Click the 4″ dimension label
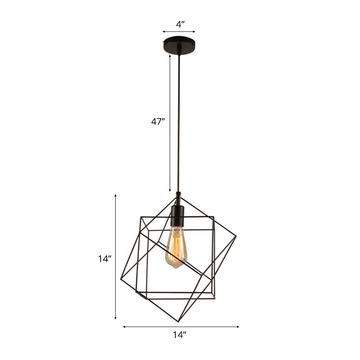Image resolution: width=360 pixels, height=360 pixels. tap(179, 25)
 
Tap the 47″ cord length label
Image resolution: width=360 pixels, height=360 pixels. tap(158, 121)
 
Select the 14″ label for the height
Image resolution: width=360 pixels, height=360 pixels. tap(104, 259)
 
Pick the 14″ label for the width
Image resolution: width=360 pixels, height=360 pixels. tap(179, 335)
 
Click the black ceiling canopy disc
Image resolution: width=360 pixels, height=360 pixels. tap(179, 45)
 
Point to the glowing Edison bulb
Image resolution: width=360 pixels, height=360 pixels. tap(176, 248)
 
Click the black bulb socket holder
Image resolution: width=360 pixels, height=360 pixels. tap(177, 215)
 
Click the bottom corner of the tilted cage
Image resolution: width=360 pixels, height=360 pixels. tap(178, 321)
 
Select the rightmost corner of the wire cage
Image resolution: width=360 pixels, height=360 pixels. tap(236, 237)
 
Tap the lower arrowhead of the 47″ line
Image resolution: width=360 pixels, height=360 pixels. tap(170, 191)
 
